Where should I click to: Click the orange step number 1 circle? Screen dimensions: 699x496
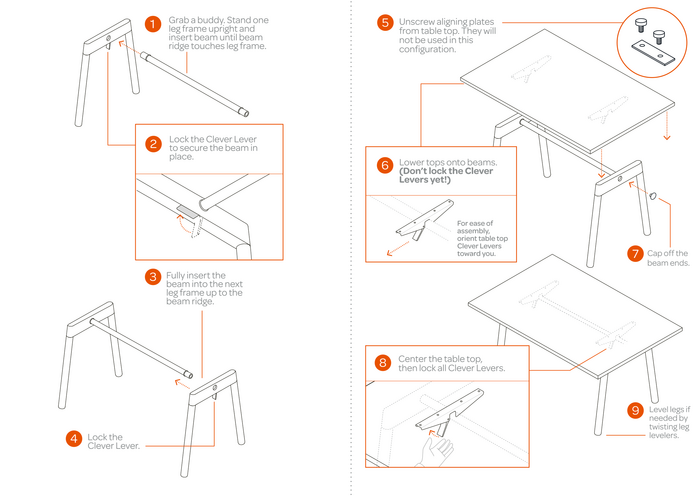(x=153, y=24)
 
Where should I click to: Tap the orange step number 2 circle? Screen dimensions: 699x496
(x=153, y=144)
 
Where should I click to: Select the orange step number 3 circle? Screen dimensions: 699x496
(x=153, y=277)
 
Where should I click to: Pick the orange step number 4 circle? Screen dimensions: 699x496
(x=74, y=439)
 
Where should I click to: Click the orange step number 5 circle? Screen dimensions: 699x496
(x=385, y=23)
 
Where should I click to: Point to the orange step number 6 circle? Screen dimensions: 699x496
(x=385, y=165)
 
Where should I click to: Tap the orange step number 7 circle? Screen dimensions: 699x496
(x=635, y=254)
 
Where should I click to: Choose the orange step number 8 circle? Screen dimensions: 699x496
(x=383, y=363)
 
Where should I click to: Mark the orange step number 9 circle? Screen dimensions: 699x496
(x=635, y=410)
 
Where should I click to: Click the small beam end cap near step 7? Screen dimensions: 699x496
(x=653, y=195)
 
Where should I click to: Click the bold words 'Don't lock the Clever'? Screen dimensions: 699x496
(x=447, y=171)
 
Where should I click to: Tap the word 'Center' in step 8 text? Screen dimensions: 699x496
(x=412, y=359)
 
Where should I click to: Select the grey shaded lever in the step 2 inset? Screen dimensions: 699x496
(x=187, y=212)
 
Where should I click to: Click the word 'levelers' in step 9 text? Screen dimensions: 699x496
(x=664, y=435)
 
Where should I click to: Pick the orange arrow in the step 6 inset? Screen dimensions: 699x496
(x=398, y=249)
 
